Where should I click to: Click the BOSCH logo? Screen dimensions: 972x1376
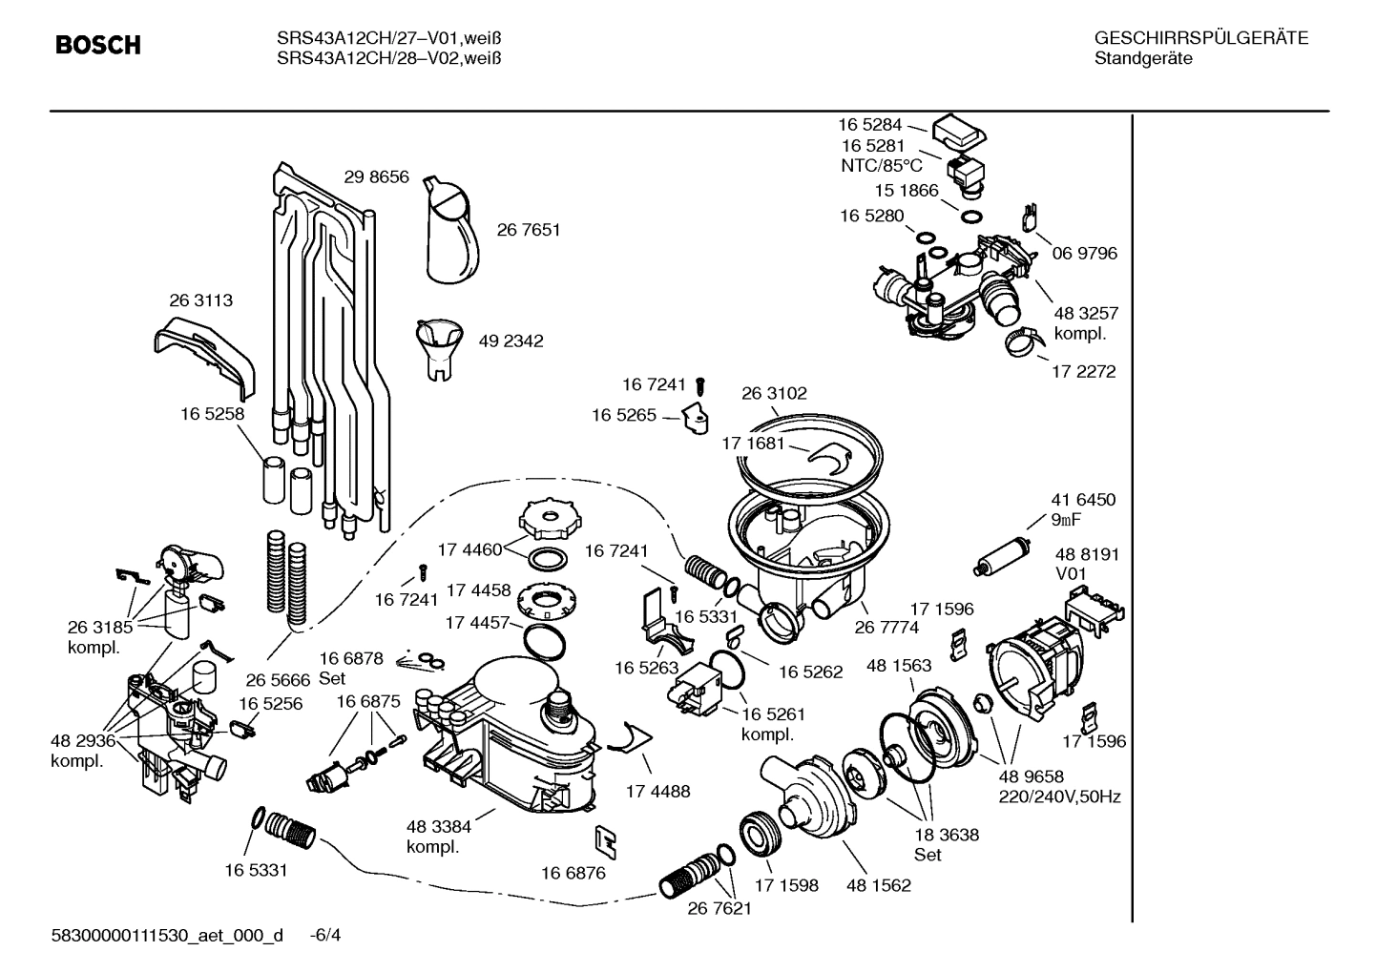[x=97, y=45]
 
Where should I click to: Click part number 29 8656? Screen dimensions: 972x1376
[x=376, y=176]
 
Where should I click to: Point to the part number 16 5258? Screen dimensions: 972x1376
[x=212, y=414]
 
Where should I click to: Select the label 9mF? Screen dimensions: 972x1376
[x=1067, y=520]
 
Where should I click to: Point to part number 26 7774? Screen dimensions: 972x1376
[x=886, y=627]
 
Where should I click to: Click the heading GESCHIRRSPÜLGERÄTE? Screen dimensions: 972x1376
[x=1200, y=38]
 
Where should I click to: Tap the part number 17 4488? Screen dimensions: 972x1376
[x=657, y=791]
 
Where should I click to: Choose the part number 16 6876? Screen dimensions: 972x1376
[x=573, y=873]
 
